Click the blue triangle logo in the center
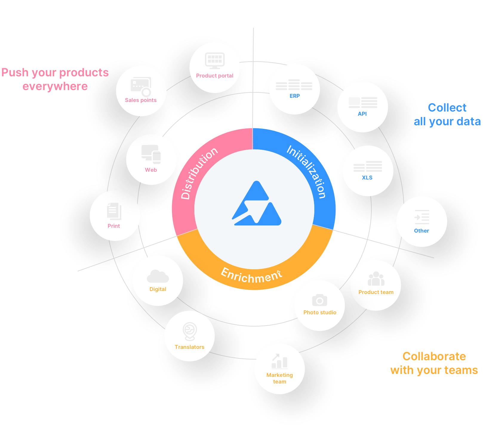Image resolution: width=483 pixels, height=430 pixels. click(256, 204)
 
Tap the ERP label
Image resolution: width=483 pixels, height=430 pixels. click(295, 96)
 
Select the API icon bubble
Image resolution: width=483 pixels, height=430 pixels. click(363, 103)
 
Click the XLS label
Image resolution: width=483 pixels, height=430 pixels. click(367, 178)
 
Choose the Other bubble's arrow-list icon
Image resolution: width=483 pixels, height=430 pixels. click(422, 217)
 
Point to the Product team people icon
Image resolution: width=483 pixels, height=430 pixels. click(376, 279)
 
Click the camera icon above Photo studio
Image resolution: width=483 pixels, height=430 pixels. click(319, 300)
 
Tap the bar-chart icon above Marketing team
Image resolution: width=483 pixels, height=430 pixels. click(280, 361)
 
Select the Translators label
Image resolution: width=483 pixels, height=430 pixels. click(190, 347)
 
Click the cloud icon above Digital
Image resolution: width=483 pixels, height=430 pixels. click(158, 276)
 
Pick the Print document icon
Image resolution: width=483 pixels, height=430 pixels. click(114, 211)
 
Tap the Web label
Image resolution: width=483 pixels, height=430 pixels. click(151, 170)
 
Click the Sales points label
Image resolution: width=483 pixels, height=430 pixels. click(141, 100)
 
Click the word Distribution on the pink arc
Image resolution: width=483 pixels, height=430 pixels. click(199, 173)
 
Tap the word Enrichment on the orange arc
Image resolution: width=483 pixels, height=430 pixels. click(251, 276)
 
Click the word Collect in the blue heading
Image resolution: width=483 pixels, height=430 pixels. click(447, 108)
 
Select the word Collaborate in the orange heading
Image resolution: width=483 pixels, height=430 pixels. click(434, 356)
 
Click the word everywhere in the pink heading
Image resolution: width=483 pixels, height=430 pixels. click(55, 86)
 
